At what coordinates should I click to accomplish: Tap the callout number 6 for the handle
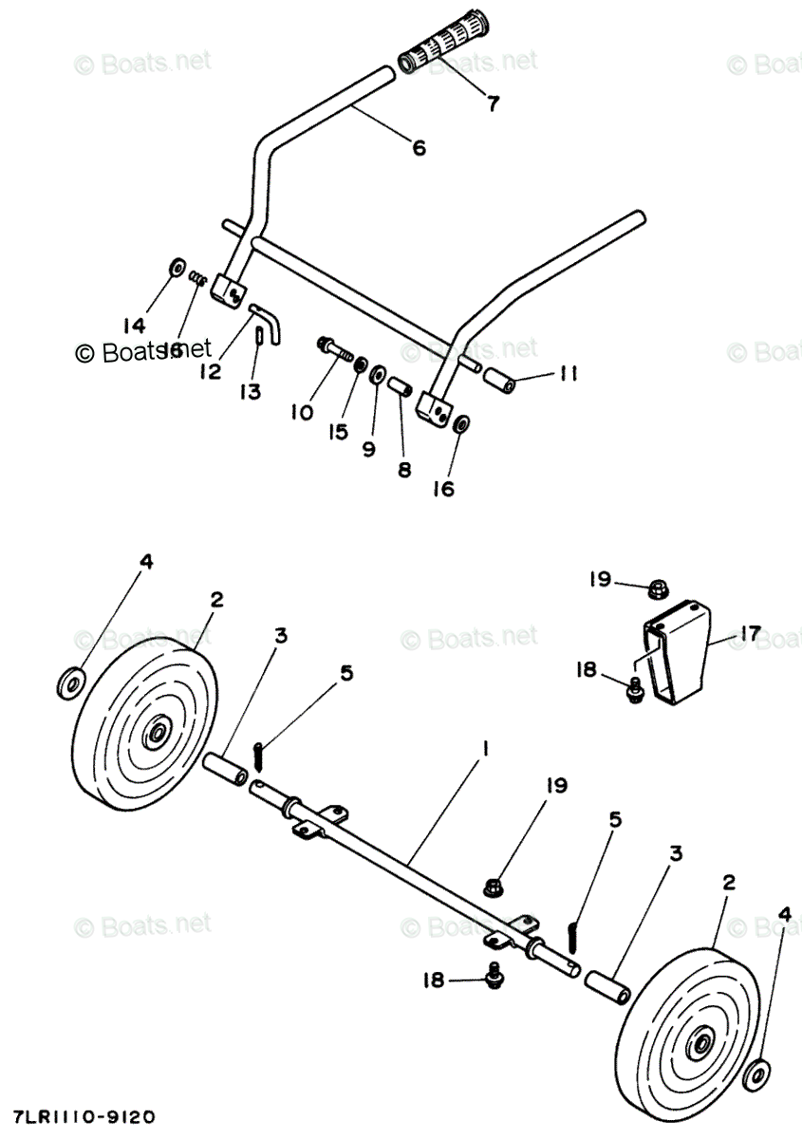pos(419,147)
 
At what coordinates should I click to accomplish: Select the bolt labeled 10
pos(335,347)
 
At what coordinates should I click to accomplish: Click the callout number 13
pos(251,392)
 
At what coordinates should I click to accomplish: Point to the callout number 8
pos(404,469)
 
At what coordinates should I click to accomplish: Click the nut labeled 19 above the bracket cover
pos(656,590)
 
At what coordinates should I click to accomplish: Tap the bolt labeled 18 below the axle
pos(494,974)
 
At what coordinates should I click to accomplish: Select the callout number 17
pos(750,634)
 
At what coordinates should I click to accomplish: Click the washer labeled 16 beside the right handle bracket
pos(461,424)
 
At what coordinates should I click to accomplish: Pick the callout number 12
pos(211,371)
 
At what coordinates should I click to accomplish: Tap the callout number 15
pos(339,432)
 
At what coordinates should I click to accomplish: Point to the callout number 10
pos(302,412)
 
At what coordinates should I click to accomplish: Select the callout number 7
pos(493,103)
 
